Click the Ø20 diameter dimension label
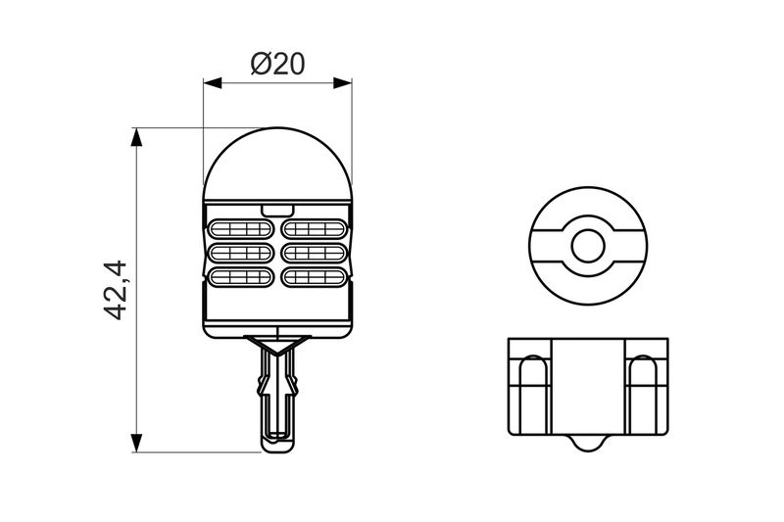click(277, 64)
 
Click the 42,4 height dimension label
click(116, 290)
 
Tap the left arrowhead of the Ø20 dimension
click(213, 83)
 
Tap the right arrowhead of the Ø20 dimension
click(342, 83)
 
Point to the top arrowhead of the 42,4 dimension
click(136, 137)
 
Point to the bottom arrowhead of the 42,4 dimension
click(136, 443)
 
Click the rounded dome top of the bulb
click(277, 164)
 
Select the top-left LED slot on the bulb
click(240, 229)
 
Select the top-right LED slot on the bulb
click(314, 229)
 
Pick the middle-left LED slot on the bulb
click(240, 254)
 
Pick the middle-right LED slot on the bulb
click(314, 254)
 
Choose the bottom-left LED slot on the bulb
click(240, 277)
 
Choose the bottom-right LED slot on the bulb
click(314, 277)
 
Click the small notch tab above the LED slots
click(277, 210)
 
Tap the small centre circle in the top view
click(588, 246)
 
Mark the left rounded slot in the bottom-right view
click(533, 395)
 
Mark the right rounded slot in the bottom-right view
click(643, 395)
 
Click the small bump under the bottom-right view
click(588, 444)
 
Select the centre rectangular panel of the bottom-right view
click(588, 387)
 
